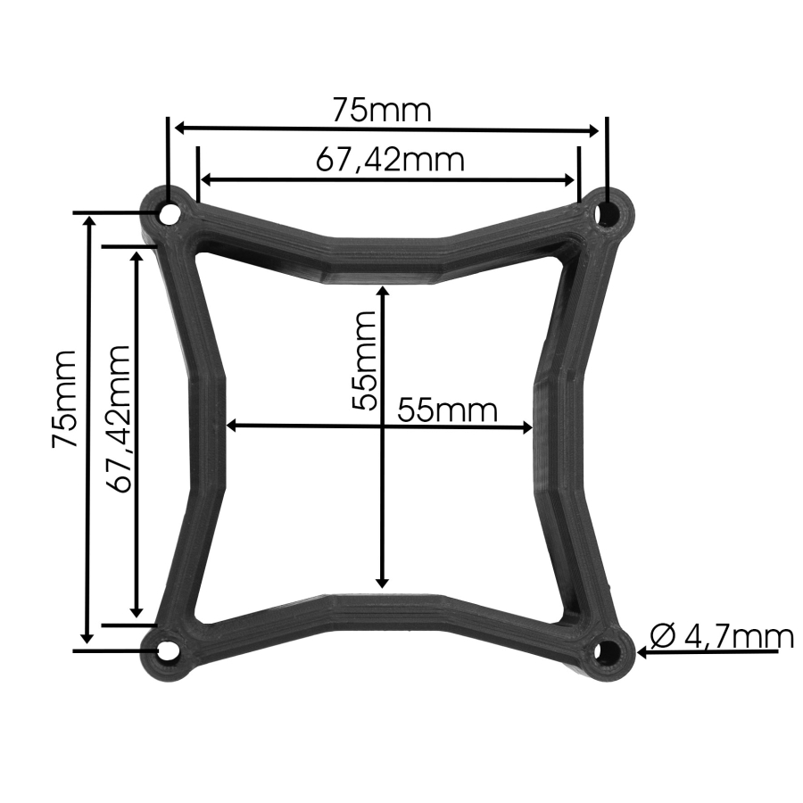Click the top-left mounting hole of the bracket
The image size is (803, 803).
pyautogui.click(x=168, y=214)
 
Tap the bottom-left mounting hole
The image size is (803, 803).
pyautogui.click(x=167, y=650)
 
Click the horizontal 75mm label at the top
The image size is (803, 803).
pyautogui.click(x=382, y=111)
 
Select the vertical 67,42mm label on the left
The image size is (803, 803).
pyautogui.click(x=117, y=418)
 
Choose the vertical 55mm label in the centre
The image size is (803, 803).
pyautogui.click(x=363, y=359)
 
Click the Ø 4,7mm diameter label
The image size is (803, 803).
pyautogui.click(x=722, y=636)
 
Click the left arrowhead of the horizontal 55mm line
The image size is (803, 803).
pyautogui.click(x=233, y=426)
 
